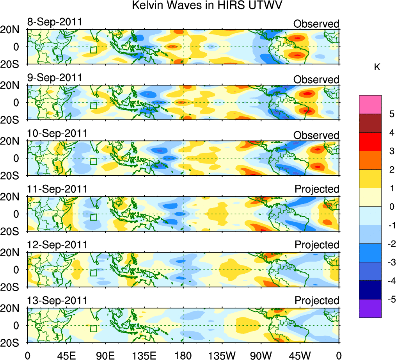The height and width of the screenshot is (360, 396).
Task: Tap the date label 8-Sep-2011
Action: click(55, 22)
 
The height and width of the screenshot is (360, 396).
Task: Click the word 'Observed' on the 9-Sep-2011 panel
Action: click(316, 80)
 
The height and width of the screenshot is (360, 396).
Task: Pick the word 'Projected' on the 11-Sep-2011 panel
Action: click(317, 189)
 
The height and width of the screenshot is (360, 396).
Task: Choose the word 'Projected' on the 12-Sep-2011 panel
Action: click(317, 245)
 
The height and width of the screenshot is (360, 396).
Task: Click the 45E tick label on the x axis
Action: click(66, 355)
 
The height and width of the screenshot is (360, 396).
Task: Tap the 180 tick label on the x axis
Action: click(183, 355)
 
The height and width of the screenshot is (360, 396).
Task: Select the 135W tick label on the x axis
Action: click(222, 355)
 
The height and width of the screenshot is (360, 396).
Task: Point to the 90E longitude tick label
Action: click(105, 355)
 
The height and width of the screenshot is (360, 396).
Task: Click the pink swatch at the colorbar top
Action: click(370, 104)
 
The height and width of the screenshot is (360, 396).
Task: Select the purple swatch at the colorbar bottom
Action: click(370, 308)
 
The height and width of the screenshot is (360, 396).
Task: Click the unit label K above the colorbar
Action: click(377, 68)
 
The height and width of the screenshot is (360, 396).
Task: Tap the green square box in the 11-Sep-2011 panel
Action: click(93, 217)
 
